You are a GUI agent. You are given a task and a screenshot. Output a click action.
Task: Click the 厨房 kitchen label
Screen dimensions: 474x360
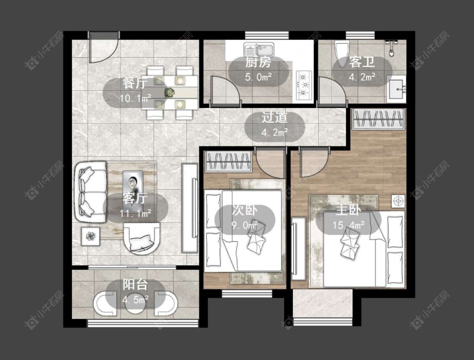258,63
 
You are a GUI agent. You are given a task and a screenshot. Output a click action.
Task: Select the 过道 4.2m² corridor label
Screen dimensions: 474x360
274,125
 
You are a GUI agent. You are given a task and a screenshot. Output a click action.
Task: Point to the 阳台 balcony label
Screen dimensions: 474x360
135,285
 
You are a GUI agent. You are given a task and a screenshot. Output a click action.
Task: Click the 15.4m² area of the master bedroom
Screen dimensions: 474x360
348,225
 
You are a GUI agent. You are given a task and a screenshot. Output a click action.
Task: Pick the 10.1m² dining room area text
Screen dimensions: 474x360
135,98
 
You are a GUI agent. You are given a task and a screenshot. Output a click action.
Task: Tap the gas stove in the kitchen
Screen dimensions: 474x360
304,85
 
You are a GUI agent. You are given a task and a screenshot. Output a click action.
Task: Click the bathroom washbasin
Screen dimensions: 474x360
396,89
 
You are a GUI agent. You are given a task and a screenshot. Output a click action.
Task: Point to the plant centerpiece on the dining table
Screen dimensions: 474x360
169,92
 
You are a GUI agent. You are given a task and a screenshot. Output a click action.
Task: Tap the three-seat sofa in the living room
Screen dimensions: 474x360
91,192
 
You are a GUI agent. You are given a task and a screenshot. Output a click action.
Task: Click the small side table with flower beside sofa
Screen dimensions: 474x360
91,236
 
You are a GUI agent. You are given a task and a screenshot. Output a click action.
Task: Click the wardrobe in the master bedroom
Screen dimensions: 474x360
379,119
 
